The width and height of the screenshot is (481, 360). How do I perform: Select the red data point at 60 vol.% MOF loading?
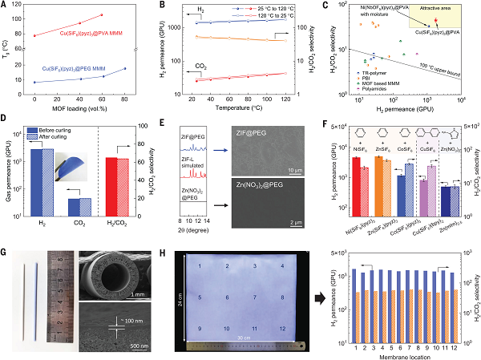pyautogui.click(x=102, y=15)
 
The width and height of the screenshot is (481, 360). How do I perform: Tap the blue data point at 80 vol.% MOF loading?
pyautogui.click(x=125, y=68)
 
